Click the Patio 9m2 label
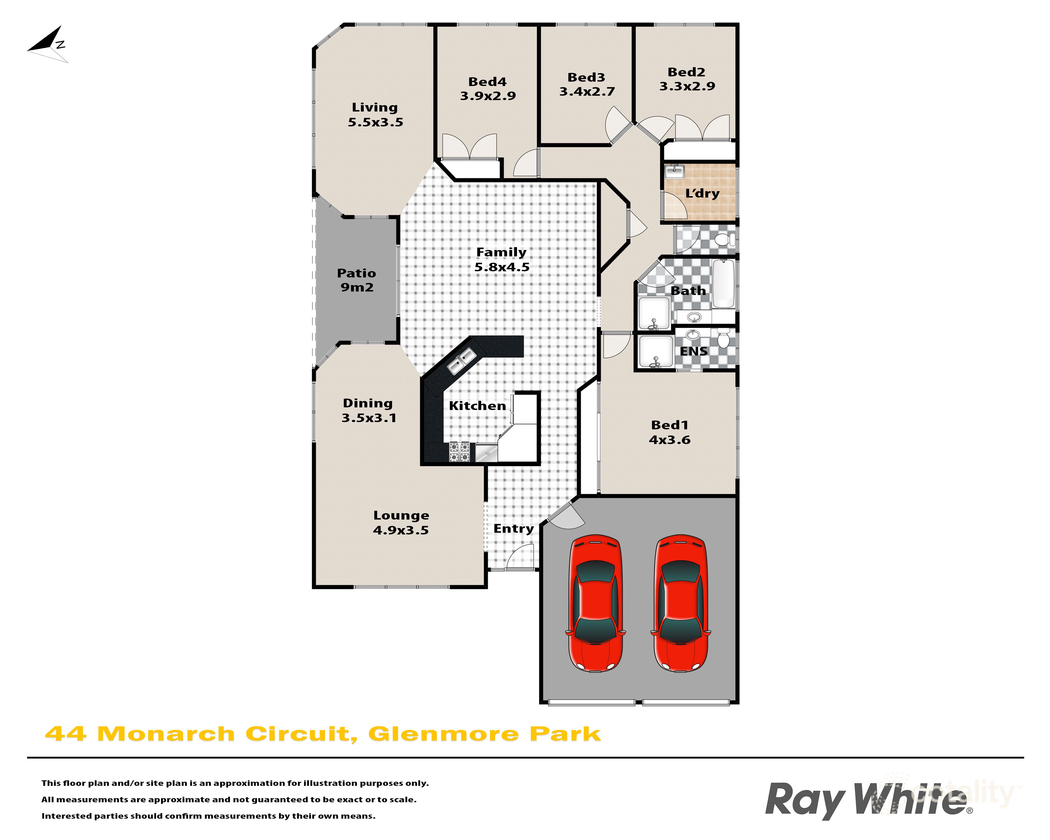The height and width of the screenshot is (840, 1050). [x=357, y=280]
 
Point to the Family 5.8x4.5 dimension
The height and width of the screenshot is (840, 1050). [x=502, y=267]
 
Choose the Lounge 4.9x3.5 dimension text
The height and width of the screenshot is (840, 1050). [x=401, y=530]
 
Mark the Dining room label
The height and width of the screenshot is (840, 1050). [x=368, y=403]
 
